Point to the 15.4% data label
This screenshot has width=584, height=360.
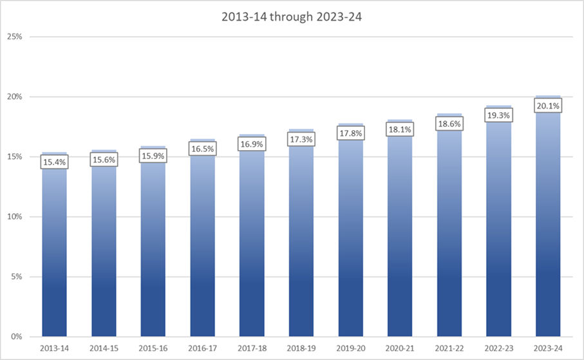click(x=55, y=162)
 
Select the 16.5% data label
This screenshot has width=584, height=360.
click(x=202, y=149)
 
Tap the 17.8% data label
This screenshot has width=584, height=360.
click(x=350, y=133)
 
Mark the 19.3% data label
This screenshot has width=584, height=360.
click(x=498, y=115)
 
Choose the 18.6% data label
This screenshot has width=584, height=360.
click(x=449, y=124)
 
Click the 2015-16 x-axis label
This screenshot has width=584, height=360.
click(x=153, y=348)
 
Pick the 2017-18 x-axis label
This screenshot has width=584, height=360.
click(x=252, y=348)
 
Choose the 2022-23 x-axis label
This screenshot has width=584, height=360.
click(x=498, y=348)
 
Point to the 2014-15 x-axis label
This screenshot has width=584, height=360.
click(x=104, y=348)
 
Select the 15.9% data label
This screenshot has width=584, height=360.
click(x=153, y=156)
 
